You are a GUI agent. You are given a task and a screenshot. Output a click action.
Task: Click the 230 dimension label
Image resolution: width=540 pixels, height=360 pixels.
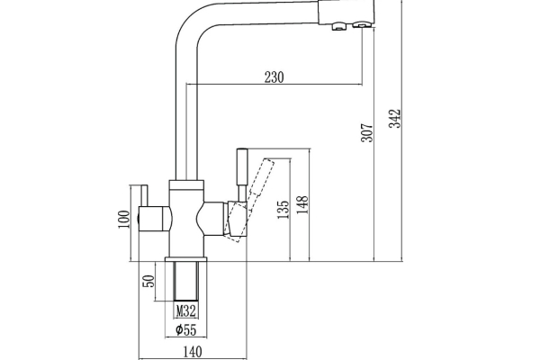coord(274,77)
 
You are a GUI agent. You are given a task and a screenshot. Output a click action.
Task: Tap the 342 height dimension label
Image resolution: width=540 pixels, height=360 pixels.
coord(395,119)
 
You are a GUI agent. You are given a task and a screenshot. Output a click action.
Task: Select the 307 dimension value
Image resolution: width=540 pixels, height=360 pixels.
coord(367,132)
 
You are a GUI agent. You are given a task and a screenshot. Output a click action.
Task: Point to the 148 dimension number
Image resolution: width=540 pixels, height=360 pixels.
coord(302,204)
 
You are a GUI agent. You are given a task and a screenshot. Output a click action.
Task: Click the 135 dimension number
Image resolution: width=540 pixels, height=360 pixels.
coord(283,210)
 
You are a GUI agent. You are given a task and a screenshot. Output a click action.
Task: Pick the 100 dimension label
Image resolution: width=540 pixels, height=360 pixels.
coord(124,219)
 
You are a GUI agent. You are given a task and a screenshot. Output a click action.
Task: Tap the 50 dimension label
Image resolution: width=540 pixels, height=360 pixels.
coord(148,281)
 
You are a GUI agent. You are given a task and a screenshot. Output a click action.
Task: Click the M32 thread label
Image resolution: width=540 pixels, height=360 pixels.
coord(186,311)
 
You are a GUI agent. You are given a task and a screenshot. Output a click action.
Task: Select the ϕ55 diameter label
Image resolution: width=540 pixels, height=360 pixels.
coord(186,330)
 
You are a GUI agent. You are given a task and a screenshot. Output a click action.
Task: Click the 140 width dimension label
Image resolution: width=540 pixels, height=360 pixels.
coord(193,352)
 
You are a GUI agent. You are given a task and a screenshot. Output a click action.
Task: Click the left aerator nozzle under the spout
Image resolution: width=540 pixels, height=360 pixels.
coord(339,26)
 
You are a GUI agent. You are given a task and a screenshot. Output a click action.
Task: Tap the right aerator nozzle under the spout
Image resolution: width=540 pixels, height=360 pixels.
coord(362,25)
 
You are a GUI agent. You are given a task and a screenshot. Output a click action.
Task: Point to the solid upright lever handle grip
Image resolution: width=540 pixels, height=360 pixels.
coord(242,166)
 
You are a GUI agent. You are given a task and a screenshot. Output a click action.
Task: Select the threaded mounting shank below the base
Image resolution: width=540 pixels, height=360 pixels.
coord(186,281)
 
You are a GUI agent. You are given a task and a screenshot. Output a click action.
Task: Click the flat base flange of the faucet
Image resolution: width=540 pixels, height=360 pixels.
coord(186,259)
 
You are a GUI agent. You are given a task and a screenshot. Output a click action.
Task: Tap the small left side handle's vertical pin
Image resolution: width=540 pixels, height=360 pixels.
coord(144,195)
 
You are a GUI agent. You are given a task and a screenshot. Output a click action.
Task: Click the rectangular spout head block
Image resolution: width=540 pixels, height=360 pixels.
coord(346,12)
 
